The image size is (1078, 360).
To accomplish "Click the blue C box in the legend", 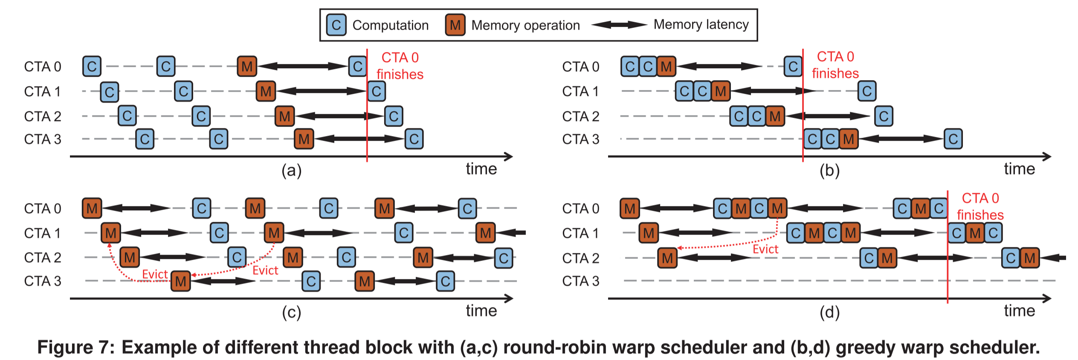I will pyautogui.click(x=336, y=25).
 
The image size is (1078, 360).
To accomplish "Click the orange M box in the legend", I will pyautogui.click(x=455, y=25).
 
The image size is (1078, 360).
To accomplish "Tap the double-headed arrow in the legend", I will pyautogui.click(x=619, y=25).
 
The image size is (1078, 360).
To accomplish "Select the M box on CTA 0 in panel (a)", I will pyautogui.click(x=247, y=66).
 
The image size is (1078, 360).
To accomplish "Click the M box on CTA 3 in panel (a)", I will pyautogui.click(x=304, y=139).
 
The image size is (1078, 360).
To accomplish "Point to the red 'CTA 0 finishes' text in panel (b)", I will pyautogui.click(x=835, y=65).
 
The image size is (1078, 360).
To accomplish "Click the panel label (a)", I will pyautogui.click(x=291, y=171).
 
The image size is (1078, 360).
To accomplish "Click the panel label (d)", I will pyautogui.click(x=829, y=313).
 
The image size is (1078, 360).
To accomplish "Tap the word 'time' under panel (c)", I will pyautogui.click(x=481, y=311).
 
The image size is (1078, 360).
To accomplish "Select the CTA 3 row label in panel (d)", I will pyautogui.click(x=580, y=281).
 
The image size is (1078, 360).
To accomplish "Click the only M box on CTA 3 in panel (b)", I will pyautogui.click(x=849, y=139).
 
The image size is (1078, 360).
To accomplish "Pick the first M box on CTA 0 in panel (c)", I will pyautogui.click(x=92, y=208).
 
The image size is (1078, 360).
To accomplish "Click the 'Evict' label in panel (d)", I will pyautogui.click(x=765, y=249).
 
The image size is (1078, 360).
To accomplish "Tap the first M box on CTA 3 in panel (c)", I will pyautogui.click(x=180, y=281).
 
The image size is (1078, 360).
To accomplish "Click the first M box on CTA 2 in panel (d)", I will pyautogui.click(x=667, y=258).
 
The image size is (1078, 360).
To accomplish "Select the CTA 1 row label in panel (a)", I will pyautogui.click(x=42, y=91).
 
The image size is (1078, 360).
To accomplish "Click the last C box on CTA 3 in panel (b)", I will pyautogui.click(x=953, y=139).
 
